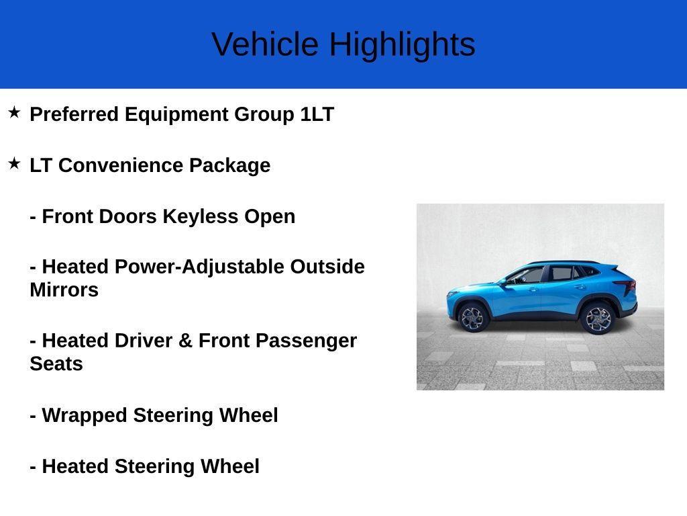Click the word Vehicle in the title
(265, 45)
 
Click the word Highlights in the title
(402, 45)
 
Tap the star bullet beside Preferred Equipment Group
(14, 112)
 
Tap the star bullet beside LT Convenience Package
(14, 163)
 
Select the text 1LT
(317, 114)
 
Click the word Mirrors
(64, 290)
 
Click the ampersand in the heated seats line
(185, 341)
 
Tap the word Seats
(56, 364)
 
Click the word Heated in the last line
(75, 466)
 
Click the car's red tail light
(628, 288)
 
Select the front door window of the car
(529, 275)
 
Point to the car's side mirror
(503, 282)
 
